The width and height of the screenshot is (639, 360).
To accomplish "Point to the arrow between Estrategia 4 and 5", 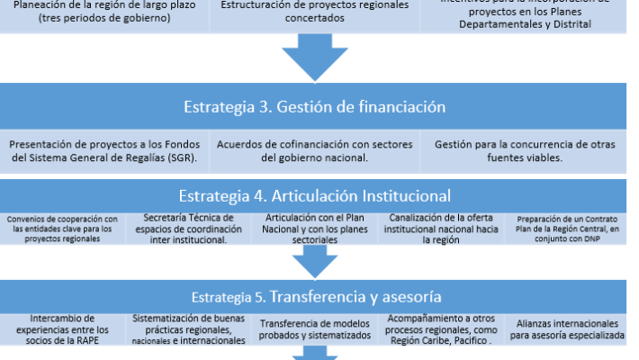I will coord(314,261).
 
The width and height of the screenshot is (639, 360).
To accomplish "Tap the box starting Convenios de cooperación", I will coord(61,229).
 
